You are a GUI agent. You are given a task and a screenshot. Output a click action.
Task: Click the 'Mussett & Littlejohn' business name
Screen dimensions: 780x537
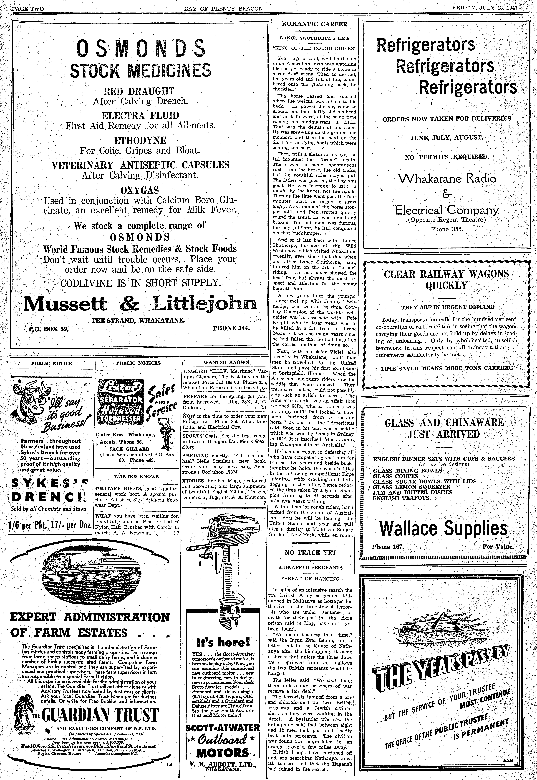pyautogui.click(x=140, y=304)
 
